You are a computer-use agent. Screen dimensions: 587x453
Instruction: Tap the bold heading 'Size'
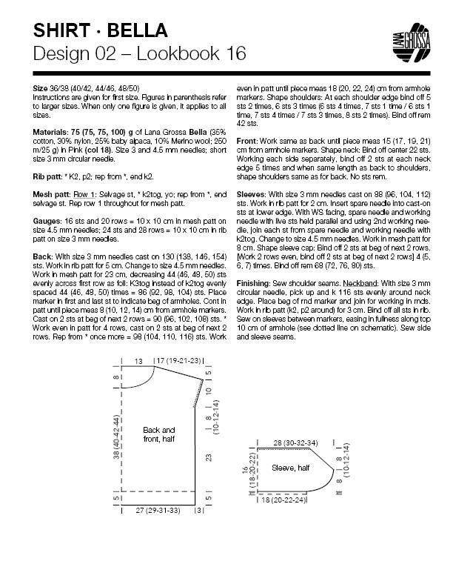coord(41,87)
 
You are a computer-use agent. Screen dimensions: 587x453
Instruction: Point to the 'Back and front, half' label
coord(159,434)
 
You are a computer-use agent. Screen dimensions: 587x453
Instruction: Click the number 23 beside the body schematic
coord(209,456)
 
